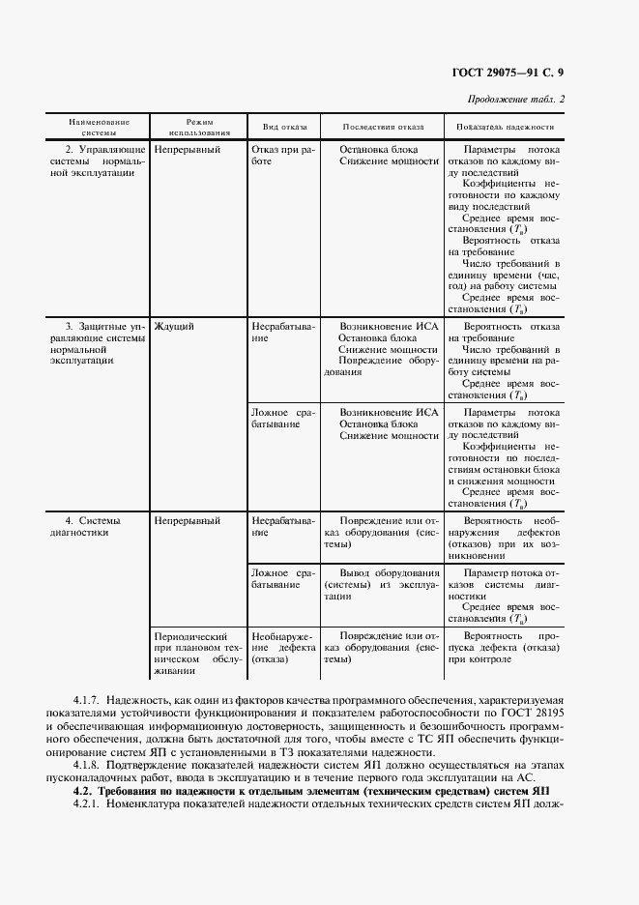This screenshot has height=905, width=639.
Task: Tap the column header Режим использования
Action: [x=199, y=127]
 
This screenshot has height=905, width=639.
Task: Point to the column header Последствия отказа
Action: [x=383, y=127]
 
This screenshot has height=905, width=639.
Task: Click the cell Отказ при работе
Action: [x=281, y=156]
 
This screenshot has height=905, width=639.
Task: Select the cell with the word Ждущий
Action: [x=174, y=327]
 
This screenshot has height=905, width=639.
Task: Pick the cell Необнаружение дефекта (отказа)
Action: [x=281, y=648]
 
